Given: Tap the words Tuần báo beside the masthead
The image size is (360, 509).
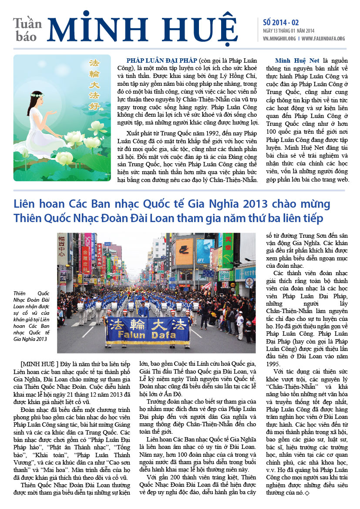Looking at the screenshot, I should [x=27, y=30].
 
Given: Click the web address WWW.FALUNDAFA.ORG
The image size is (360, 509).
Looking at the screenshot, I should [x=323, y=39].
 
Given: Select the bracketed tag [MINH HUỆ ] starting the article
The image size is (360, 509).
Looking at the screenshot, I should [x=37, y=363].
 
